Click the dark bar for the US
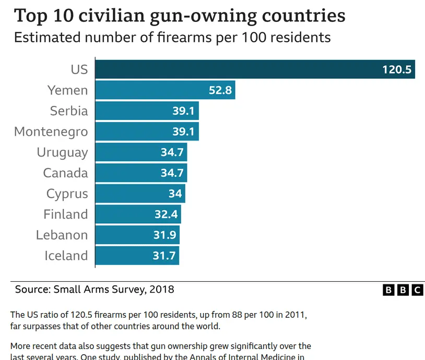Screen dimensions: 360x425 (235, 69)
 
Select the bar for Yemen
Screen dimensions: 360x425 (151, 90)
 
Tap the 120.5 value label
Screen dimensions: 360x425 (397, 69)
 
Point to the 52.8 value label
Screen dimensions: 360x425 (220, 90)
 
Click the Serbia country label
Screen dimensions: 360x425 (69, 111)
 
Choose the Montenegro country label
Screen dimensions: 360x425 (51, 131)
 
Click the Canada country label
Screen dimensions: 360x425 (65, 173)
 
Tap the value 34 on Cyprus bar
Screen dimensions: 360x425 (175, 194)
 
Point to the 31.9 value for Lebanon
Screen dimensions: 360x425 (164, 235)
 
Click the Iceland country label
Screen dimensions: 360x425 (66, 256)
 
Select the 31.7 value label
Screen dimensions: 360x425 (163, 256)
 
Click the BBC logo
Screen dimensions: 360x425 (403, 290)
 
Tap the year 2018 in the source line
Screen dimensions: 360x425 (162, 289)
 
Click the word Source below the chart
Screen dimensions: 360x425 (32, 289)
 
